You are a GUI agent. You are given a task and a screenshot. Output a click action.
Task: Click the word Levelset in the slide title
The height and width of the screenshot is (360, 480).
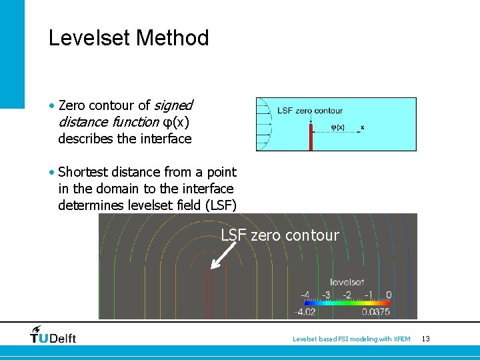point(89,38)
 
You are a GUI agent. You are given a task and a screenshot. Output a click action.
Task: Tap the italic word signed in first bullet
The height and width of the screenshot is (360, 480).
point(173,105)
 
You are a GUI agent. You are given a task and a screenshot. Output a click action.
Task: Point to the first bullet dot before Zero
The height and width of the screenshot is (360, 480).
point(52,106)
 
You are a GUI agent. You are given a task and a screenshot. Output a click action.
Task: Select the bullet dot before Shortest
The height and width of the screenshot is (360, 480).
point(52,173)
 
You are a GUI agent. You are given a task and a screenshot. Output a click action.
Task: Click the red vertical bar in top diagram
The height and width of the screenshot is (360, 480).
point(311,137)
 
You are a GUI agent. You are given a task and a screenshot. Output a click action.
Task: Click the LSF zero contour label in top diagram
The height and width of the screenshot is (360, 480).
point(310,111)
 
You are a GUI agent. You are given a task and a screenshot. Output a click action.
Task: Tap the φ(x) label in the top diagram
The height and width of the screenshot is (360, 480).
point(338,127)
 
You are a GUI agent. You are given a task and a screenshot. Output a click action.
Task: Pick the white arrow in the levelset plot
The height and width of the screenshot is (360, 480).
point(223,255)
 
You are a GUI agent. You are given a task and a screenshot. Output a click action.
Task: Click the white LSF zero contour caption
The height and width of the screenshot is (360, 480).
point(280,235)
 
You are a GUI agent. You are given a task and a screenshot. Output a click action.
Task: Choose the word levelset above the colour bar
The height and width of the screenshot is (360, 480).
point(347,283)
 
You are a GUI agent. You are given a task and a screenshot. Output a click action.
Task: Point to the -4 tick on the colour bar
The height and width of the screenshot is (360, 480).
point(305,295)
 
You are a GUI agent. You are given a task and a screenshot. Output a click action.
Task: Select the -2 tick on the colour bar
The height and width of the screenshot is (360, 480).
point(347,295)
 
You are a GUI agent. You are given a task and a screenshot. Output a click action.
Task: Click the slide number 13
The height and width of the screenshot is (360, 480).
point(425,339)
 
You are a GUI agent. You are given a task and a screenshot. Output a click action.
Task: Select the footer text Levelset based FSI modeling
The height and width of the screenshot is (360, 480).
point(351,339)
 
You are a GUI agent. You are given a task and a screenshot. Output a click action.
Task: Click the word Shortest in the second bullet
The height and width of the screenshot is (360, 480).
point(86,172)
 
